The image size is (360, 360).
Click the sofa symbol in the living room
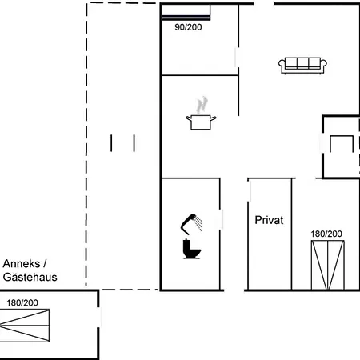302,66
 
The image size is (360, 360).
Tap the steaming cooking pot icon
201,114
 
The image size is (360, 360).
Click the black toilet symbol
191,249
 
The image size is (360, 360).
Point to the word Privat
269,220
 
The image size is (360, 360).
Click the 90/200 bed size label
188,27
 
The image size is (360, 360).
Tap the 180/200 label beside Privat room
326,234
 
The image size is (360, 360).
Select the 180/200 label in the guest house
22,302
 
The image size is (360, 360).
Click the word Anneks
22,264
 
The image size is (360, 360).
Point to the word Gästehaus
30,277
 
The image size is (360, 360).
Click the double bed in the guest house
25,326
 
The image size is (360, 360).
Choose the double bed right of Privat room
328,265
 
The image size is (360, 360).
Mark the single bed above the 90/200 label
186,12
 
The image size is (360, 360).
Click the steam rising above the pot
202,105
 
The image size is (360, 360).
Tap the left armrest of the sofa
282,66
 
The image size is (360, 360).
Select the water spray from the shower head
198,223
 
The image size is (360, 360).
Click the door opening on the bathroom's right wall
221,219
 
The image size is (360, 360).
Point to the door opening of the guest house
99,317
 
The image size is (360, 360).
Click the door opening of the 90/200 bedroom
237,58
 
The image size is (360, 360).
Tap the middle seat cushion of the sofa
302,63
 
